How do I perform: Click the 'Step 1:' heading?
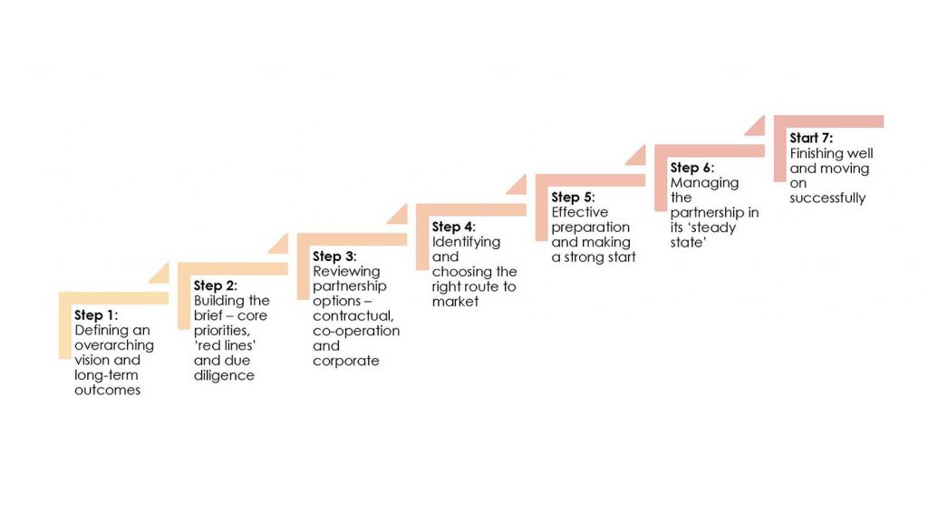point(96,314)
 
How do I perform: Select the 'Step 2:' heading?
point(216,285)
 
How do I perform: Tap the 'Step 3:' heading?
point(334,256)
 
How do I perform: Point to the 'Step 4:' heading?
point(453,227)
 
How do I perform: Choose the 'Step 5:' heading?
point(573,197)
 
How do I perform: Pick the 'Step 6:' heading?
point(691,168)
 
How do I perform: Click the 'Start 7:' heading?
point(811,138)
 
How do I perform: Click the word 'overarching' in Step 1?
point(114,345)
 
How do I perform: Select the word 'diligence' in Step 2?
point(224,376)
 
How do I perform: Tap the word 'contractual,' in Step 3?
point(353,316)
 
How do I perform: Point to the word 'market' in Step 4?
point(455,302)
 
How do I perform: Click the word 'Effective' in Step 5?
point(579,212)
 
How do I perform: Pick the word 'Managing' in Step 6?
point(704,183)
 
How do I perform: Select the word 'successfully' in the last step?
point(827,198)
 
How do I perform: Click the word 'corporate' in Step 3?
point(345,361)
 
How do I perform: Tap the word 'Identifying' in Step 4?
point(466,242)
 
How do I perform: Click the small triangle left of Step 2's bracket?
point(280,246)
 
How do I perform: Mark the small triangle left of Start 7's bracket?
point(757,129)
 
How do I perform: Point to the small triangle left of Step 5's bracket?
point(637,158)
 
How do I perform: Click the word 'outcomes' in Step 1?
point(107,390)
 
